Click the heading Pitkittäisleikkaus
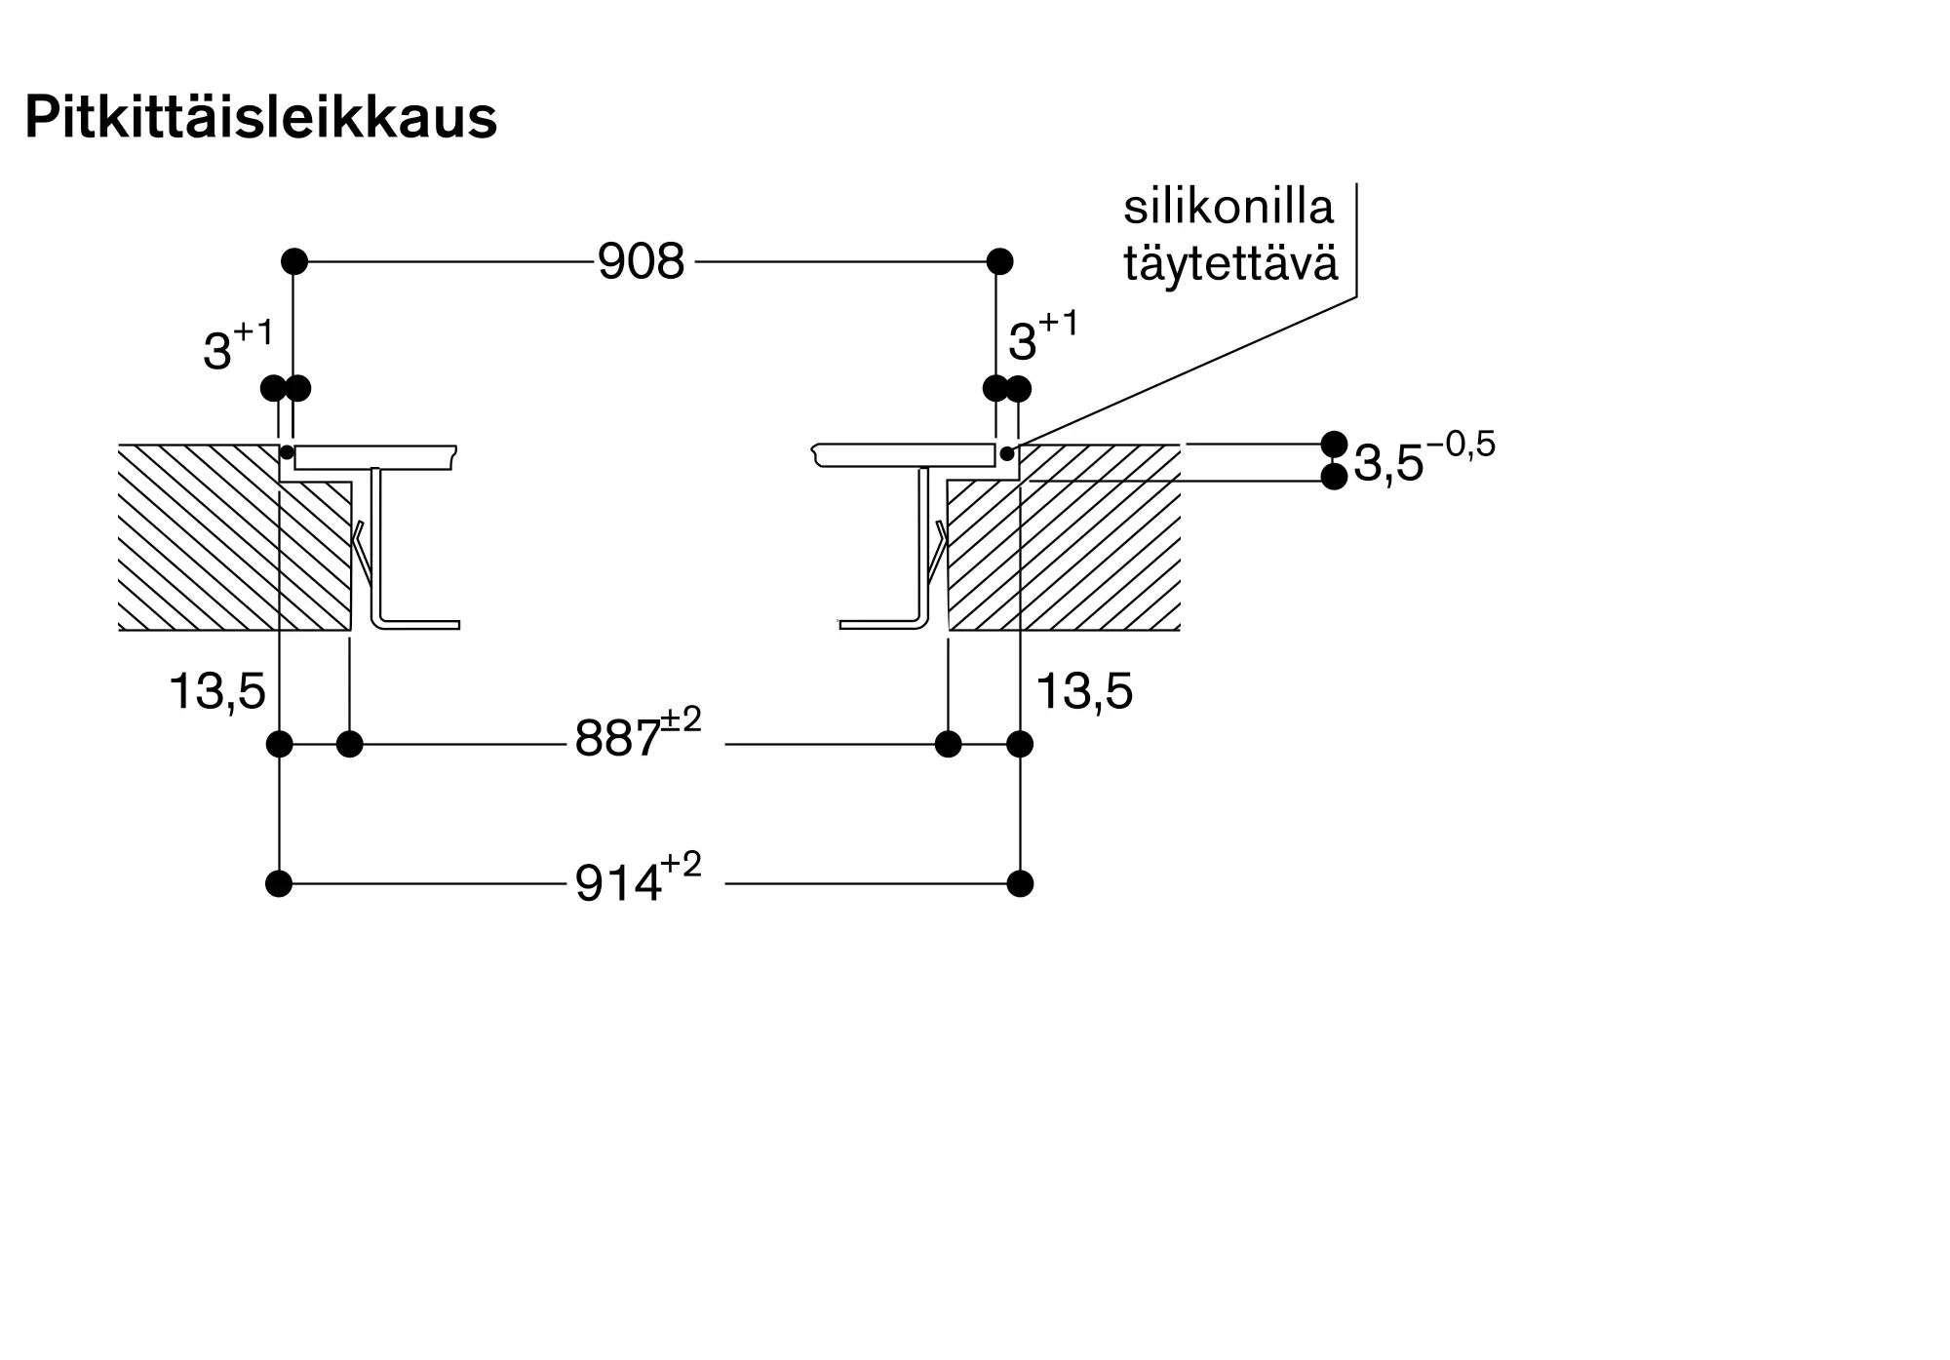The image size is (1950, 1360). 260,118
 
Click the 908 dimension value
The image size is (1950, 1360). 641,261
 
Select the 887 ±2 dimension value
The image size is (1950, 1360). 637,737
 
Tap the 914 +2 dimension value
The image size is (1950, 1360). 637,881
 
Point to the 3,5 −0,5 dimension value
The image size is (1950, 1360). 1423,459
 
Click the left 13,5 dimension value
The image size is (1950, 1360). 216,691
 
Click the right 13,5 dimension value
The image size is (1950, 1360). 1084,691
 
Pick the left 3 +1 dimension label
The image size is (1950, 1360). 237,346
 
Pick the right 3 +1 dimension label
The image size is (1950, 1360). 1042,337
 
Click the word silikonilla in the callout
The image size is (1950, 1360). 1228,207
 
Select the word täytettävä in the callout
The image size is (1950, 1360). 1230,263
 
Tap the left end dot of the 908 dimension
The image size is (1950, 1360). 293,261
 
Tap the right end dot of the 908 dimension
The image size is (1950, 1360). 999,261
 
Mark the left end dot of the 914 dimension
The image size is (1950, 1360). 279,884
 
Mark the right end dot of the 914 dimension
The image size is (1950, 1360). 1020,884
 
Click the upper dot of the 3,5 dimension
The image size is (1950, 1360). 1334,444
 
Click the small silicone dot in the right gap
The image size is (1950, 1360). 1007,453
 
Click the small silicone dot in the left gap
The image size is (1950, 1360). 287,452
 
